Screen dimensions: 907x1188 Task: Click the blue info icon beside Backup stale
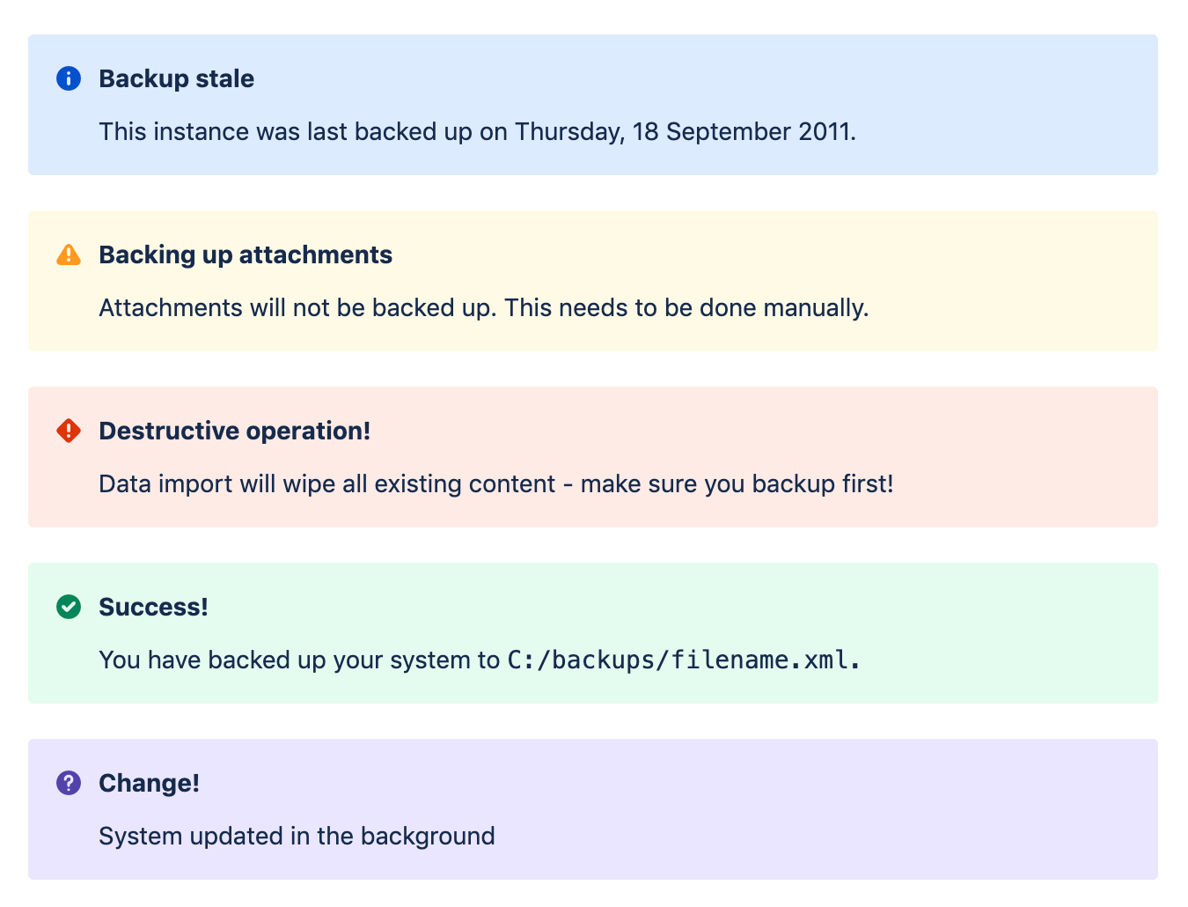pyautogui.click(x=69, y=78)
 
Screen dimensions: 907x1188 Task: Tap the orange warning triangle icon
pyautogui.click(x=69, y=255)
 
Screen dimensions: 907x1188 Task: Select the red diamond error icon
pyautogui.click(x=69, y=431)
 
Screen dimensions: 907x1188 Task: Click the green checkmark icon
pyautogui.click(x=69, y=607)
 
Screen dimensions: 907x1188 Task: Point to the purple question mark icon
pyautogui.click(x=69, y=783)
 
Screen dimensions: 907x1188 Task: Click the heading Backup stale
pyautogui.click(x=176, y=78)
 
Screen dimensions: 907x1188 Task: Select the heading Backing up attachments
pyautogui.click(x=246, y=254)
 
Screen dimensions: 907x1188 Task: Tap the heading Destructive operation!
pyautogui.click(x=234, y=431)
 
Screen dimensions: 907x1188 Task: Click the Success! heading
pyautogui.click(x=153, y=607)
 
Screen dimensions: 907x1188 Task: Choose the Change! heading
pyautogui.click(x=149, y=783)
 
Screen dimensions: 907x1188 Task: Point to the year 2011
pyautogui.click(x=826, y=132)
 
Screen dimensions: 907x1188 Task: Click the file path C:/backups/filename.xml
pyautogui.click(x=683, y=660)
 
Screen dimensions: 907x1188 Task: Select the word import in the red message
pyautogui.click(x=199, y=484)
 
